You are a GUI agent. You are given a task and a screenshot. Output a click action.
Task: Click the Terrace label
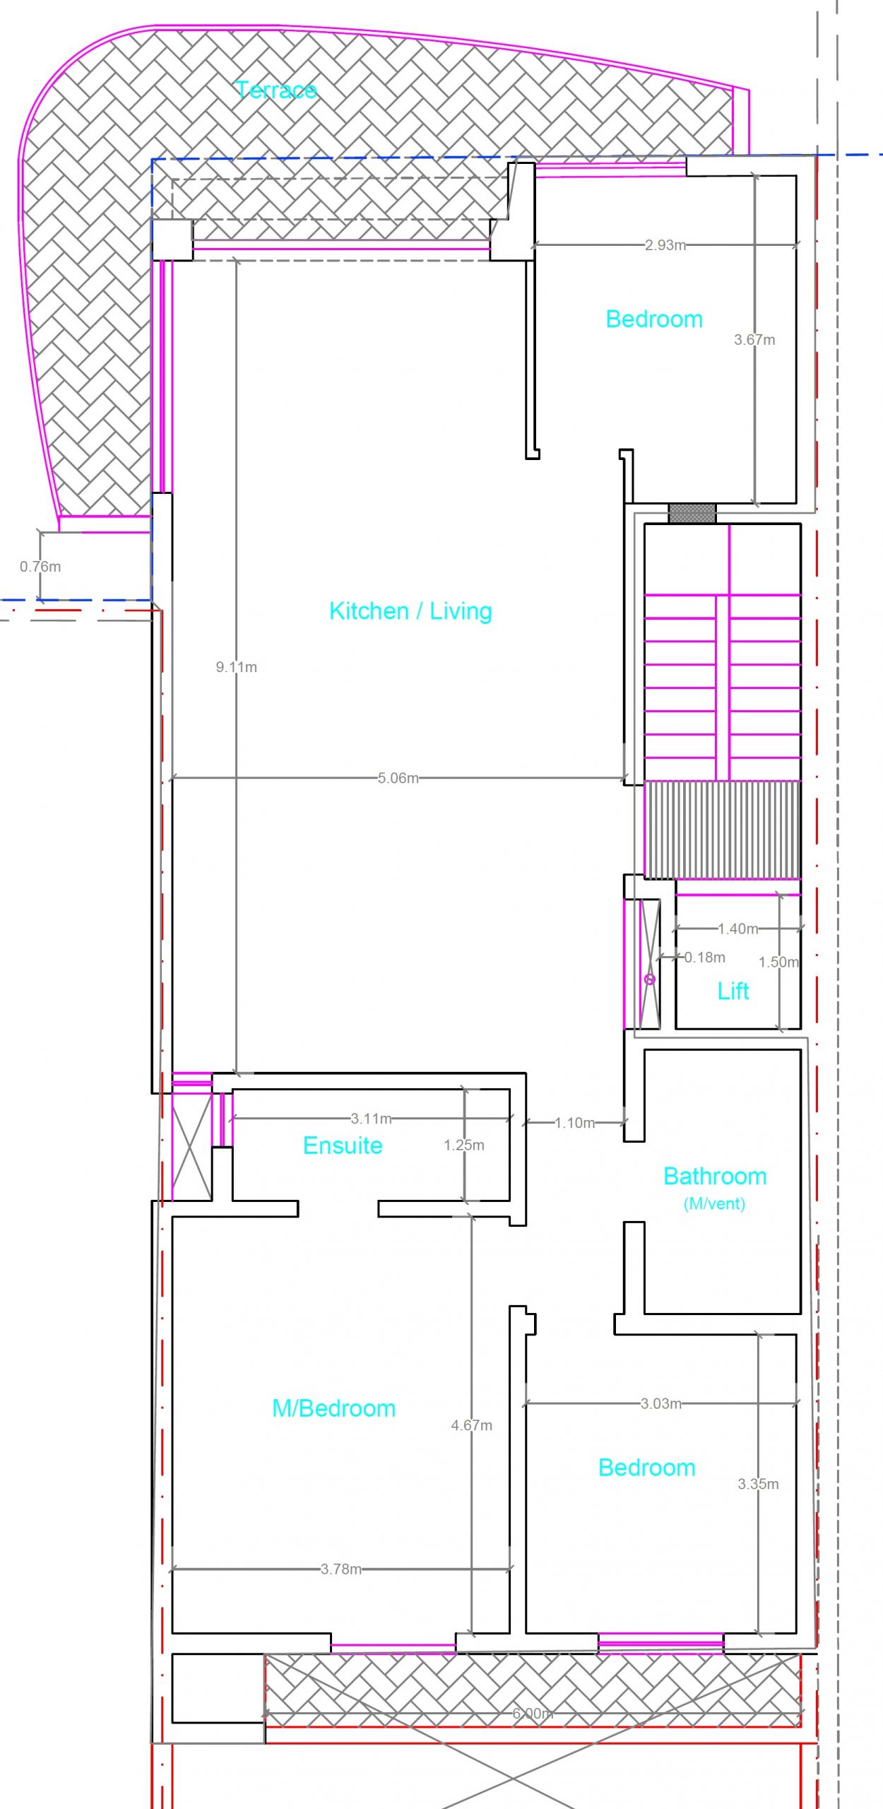coord(275,90)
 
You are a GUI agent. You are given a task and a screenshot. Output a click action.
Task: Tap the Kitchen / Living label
coord(410,611)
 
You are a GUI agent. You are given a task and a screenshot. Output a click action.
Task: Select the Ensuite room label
coord(343,1145)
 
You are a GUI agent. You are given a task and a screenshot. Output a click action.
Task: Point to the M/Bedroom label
coord(333,1408)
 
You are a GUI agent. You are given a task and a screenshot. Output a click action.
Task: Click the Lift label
coord(733,991)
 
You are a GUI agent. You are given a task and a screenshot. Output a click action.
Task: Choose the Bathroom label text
coord(715,1176)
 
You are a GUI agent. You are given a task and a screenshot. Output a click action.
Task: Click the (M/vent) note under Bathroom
coord(714,1203)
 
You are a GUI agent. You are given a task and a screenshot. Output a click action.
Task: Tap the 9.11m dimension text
coord(237,666)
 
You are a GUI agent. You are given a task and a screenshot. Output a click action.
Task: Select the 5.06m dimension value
coord(398,778)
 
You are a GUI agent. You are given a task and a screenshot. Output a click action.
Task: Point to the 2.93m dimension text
coord(665,245)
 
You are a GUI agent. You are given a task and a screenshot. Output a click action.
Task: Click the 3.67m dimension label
coord(754,339)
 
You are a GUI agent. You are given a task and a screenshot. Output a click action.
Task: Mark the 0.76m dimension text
coord(40,566)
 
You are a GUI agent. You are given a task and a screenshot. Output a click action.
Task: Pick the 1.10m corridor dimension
coord(575,1122)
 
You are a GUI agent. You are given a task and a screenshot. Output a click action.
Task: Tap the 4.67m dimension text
coord(472,1425)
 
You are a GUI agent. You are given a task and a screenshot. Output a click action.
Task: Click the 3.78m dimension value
coord(341,1569)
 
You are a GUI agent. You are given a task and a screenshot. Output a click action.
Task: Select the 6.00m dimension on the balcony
coord(533,1713)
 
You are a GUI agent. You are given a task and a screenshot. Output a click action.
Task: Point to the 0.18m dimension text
coord(705,957)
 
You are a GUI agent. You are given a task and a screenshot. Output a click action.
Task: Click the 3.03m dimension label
coord(661,1403)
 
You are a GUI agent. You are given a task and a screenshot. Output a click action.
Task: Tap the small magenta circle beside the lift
coord(650,979)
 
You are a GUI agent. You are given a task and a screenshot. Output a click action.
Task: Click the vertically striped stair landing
coord(723,830)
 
